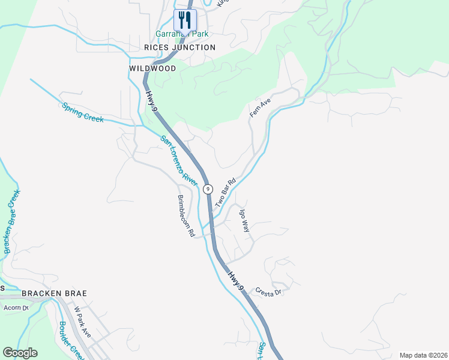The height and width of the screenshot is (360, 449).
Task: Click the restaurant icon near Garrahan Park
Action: pos(185,20)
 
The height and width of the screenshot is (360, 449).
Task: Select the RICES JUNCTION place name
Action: pos(179,47)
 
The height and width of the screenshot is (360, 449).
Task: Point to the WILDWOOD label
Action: pos(152,68)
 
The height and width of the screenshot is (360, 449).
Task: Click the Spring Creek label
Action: pos(83,112)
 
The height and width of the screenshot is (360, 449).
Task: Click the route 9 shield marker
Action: pos(208,188)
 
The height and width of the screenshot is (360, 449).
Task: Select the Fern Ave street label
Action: pos(261,108)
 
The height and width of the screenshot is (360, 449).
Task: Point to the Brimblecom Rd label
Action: pos(185,215)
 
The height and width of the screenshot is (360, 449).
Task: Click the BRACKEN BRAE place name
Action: pos(54,293)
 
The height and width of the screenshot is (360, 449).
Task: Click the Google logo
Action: pos(20,353)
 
